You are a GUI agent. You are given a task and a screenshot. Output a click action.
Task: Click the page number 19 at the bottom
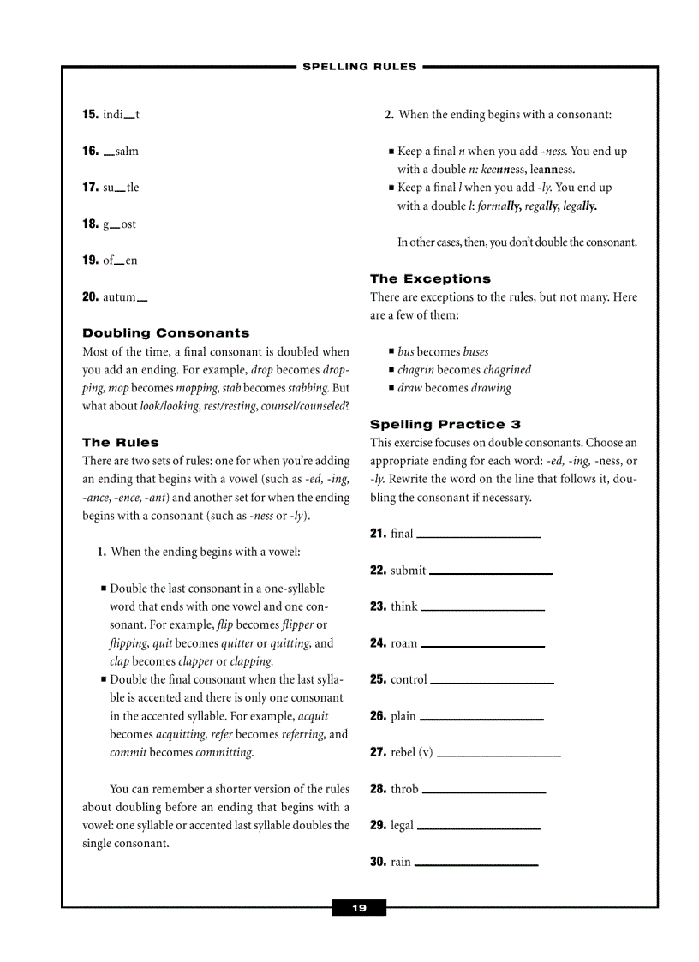pos(359,908)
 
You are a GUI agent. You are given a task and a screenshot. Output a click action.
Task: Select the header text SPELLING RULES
pos(360,67)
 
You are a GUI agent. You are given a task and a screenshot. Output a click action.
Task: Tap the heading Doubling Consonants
pos(166,333)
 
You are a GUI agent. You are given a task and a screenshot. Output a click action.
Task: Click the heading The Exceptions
pos(430,278)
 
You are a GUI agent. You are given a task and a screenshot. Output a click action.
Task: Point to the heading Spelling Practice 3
pos(445,424)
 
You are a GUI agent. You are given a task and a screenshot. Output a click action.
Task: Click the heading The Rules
pos(121,443)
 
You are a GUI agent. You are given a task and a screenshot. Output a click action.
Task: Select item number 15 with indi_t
pos(111,115)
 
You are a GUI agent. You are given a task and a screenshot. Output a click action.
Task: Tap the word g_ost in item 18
pos(119,224)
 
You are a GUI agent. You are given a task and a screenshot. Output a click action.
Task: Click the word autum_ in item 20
pos(125,297)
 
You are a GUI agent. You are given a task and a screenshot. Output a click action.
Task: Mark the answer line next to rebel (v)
pos(499,755)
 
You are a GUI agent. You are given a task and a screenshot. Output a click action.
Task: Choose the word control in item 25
pos(409,679)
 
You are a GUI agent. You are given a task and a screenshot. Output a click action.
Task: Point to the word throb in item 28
pos(404,789)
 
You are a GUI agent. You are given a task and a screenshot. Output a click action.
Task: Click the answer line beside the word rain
pos(475,864)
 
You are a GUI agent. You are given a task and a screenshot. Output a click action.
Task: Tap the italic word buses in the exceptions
pos(475,352)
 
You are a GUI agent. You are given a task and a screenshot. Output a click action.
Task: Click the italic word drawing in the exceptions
pos(490,388)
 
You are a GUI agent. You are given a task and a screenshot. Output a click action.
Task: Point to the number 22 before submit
pos(378,571)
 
